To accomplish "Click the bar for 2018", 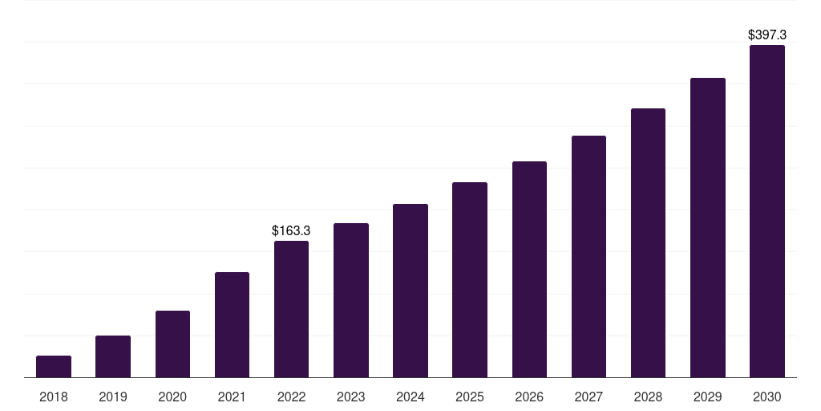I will pyautogui.click(x=54, y=367).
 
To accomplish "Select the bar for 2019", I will pyautogui.click(x=113, y=356).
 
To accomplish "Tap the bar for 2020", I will pyautogui.click(x=172, y=344).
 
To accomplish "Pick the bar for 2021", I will pyautogui.click(x=232, y=325).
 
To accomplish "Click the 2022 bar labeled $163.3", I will pyautogui.click(x=291, y=309).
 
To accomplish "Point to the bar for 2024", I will pyautogui.click(x=410, y=291).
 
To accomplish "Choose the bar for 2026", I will pyautogui.click(x=529, y=270).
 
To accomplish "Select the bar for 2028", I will pyautogui.click(x=648, y=243).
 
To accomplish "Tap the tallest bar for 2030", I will pyautogui.click(x=766, y=211).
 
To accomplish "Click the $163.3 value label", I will pyautogui.click(x=291, y=231).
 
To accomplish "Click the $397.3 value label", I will pyautogui.click(x=766, y=35).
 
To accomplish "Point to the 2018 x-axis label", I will pyautogui.click(x=54, y=397).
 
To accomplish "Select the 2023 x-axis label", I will pyautogui.click(x=351, y=397).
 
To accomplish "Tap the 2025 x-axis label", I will pyautogui.click(x=470, y=397).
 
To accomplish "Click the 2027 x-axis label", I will pyautogui.click(x=588, y=397).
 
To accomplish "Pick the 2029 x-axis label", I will pyautogui.click(x=707, y=397).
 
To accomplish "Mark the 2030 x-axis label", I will pyautogui.click(x=766, y=397).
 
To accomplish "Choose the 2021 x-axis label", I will pyautogui.click(x=232, y=397).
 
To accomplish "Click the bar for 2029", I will pyautogui.click(x=707, y=228).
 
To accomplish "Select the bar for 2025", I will pyautogui.click(x=470, y=280).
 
